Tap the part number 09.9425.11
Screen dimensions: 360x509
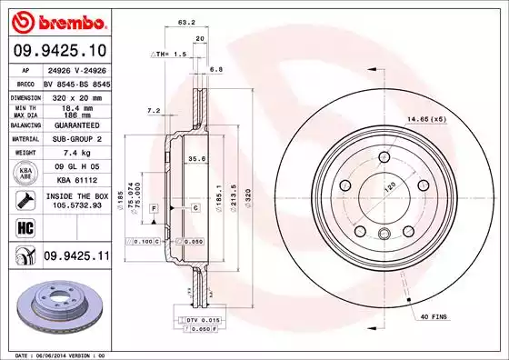tap(75, 258)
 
